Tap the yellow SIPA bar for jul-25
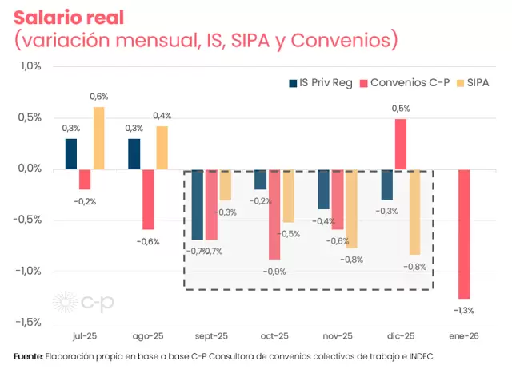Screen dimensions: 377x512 point(98,137)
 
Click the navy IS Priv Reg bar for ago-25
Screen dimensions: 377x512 point(134,153)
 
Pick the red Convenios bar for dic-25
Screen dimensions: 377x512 point(401,144)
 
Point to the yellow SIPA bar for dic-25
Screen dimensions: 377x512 point(414,212)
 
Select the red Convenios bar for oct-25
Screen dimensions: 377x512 point(274,214)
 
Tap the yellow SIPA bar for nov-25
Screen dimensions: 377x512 point(350,208)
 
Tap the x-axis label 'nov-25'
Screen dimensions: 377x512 point(337,336)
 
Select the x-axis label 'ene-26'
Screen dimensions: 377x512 point(463,336)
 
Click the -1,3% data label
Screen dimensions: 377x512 point(463,310)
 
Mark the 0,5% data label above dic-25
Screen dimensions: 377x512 point(401,108)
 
